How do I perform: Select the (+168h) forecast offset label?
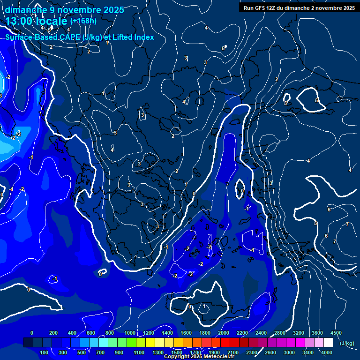click(83, 21)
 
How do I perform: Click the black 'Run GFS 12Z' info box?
click(299, 8)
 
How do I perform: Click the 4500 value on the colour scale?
click(336, 333)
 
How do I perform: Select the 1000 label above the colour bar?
click(129, 333)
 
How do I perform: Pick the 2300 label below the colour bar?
click(251, 352)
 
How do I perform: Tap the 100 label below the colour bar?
click(44, 352)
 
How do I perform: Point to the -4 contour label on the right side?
click(307, 161)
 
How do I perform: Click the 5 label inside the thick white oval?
click(316, 101)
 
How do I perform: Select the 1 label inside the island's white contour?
click(204, 307)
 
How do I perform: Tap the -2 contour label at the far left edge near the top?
click(8, 77)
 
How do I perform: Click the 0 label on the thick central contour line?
click(194, 193)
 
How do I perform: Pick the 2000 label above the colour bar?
click(223, 333)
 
